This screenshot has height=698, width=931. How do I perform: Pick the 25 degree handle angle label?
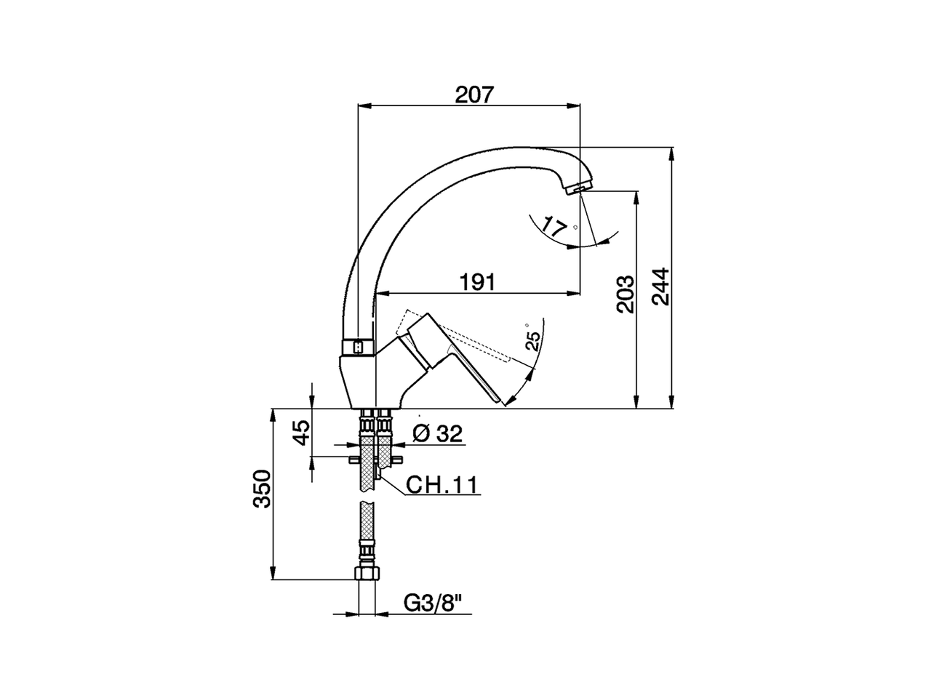tap(533, 340)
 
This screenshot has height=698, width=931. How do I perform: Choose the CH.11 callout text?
tap(441, 485)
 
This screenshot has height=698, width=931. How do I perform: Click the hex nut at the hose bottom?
tap(367, 574)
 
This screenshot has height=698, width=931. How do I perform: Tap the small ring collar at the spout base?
tap(358, 348)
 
